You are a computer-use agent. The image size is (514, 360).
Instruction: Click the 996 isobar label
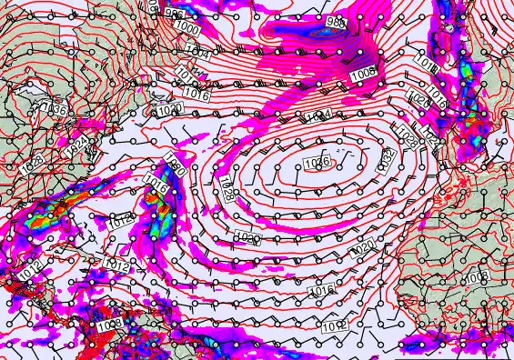(174, 15)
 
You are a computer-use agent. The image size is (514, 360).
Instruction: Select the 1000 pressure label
(189, 27)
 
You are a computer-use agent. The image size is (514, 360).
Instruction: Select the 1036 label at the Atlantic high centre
(317, 163)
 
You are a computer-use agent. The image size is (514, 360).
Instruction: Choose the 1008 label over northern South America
(110, 324)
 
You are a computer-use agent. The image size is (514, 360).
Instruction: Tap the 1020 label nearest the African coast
(361, 246)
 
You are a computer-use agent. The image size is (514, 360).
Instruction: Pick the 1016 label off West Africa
(320, 290)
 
